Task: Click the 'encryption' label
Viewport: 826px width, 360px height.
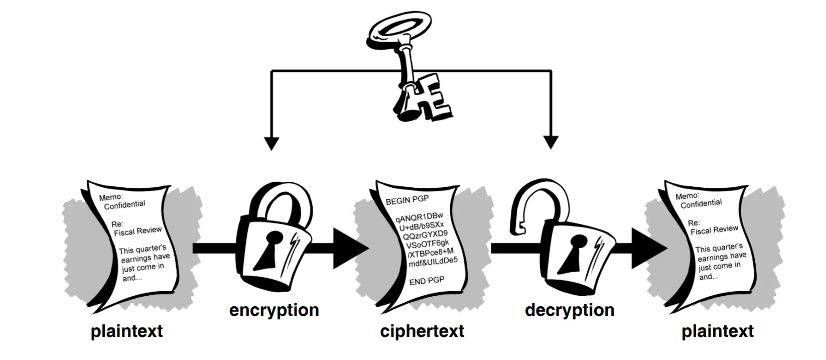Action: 274,310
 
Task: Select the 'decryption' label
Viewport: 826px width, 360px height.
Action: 570,310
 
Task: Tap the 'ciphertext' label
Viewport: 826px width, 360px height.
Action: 422,331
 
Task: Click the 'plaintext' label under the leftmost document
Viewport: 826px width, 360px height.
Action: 126,331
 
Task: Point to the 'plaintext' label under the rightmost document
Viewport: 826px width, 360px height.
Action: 718,331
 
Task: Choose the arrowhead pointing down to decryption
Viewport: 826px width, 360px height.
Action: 551,143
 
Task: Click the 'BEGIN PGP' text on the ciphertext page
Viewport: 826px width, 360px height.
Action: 407,200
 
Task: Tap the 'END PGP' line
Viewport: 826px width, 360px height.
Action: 427,281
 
